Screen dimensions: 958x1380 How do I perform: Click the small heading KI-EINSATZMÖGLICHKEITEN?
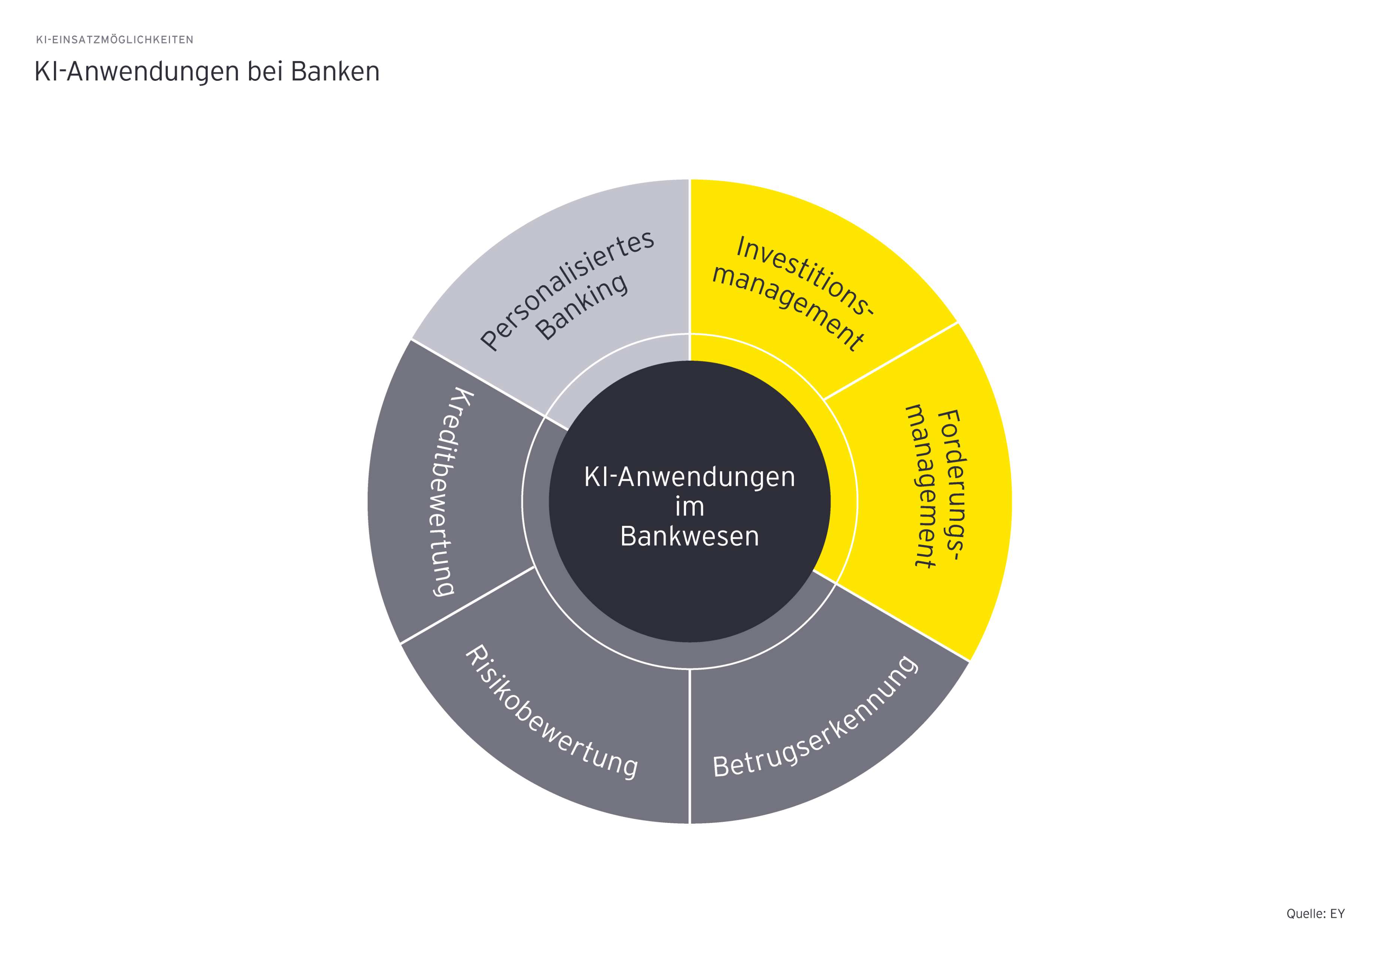tap(115, 40)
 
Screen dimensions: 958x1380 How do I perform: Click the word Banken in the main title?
tap(335, 71)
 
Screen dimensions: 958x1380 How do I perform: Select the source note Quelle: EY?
tap(1315, 913)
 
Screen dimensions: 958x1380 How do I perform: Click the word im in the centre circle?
tap(689, 507)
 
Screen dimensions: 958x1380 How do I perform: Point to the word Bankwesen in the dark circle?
tap(689, 536)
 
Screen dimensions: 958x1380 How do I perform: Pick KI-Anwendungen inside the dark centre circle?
tap(689, 477)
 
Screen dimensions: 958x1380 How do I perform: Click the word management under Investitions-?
tap(788, 307)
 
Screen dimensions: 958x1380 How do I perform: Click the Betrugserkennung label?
tap(815, 717)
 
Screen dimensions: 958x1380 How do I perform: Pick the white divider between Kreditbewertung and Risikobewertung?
tap(467, 605)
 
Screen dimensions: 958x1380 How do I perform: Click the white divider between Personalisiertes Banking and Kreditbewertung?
tap(478, 378)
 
